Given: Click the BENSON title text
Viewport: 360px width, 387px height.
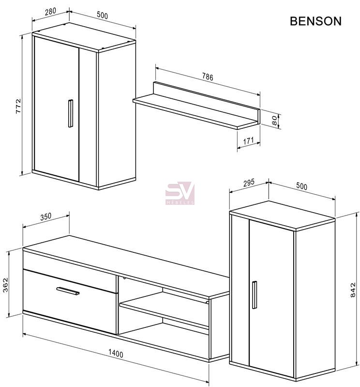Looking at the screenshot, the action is click(315, 21).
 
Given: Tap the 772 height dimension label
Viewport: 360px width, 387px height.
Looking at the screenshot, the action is click(18, 106).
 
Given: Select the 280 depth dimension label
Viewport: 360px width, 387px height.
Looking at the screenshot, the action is click(50, 12).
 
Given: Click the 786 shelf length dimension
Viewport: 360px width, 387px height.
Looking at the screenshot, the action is click(208, 77).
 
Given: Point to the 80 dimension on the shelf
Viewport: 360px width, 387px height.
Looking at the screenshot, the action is click(275, 121).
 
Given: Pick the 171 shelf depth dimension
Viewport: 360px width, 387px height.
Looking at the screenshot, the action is click(248, 141).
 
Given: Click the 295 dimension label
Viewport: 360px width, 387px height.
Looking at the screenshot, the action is click(249, 183).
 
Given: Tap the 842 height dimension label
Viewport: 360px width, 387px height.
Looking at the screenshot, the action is click(353, 290).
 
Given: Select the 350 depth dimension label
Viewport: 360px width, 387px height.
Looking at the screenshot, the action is click(46, 217).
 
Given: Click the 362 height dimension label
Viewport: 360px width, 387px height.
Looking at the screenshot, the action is click(5, 285).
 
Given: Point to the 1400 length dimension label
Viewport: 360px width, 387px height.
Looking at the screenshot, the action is click(116, 354).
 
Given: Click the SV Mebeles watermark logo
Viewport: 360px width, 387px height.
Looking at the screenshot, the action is click(180, 193).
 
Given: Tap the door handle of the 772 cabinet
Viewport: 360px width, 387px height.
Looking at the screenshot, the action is click(71, 113).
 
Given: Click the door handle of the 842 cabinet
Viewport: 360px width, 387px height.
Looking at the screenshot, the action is click(254, 294).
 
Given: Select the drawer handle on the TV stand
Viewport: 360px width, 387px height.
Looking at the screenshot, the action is click(68, 291).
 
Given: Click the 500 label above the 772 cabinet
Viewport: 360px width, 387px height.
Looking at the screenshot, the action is click(102, 15).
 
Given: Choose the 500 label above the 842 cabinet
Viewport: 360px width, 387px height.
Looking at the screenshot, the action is click(301, 186).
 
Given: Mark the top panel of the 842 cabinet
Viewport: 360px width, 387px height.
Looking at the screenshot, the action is click(282, 215).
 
